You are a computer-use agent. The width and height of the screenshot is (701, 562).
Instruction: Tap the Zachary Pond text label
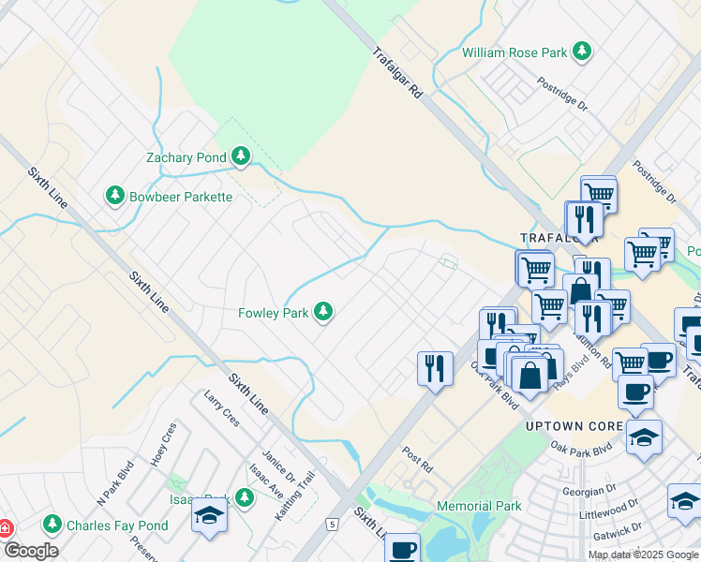186,157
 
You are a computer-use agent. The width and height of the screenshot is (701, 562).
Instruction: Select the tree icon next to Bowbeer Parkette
114,196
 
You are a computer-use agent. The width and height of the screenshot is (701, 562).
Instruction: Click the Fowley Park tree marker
323,312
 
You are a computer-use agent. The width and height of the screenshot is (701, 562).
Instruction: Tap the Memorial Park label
479,506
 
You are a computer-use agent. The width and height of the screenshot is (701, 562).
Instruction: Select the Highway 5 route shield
331,523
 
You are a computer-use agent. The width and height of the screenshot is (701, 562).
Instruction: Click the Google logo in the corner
30,551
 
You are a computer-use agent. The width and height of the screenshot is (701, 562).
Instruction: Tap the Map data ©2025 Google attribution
643,555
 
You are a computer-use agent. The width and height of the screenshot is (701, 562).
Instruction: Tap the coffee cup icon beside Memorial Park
403,548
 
